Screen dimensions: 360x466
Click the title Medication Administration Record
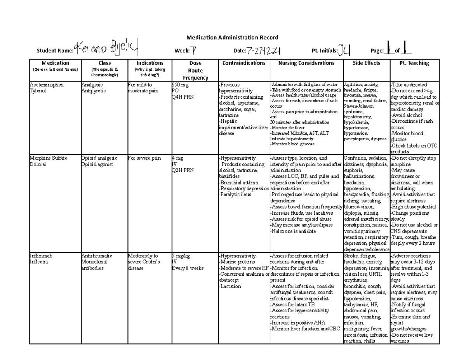[x=232, y=38]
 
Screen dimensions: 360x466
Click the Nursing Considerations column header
[x=306, y=63]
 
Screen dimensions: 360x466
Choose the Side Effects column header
[x=366, y=63]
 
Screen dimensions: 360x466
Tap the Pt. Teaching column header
[x=414, y=63]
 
